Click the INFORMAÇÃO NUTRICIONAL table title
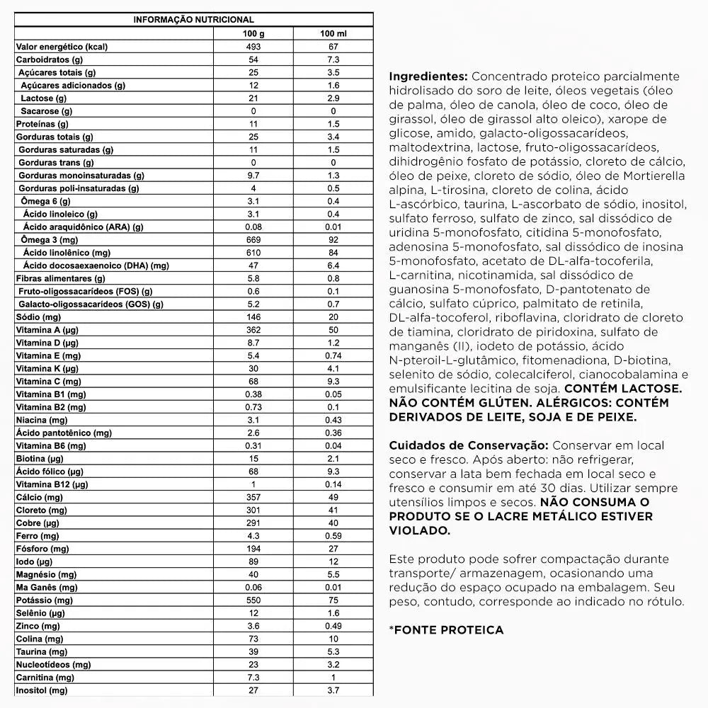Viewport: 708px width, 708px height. pyautogui.click(x=193, y=20)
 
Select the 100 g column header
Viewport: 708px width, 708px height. pyautogui.click(x=253, y=33)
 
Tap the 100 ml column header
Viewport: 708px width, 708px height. pyautogui.click(x=333, y=33)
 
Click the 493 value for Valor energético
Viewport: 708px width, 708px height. pyautogui.click(x=253, y=47)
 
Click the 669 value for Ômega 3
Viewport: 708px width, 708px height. pyautogui.click(x=253, y=240)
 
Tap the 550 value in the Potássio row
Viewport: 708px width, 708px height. pyautogui.click(x=253, y=600)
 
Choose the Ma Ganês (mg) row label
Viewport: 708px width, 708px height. pyautogui.click(x=47, y=587)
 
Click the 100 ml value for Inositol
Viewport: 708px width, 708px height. pyautogui.click(x=333, y=690)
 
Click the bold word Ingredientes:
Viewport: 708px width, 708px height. pyautogui.click(x=428, y=76)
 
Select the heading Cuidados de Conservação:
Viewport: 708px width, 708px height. pyautogui.click(x=468, y=445)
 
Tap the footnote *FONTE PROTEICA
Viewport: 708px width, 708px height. pyautogui.click(x=446, y=629)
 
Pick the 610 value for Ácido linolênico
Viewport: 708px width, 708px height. pyautogui.click(x=253, y=253)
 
